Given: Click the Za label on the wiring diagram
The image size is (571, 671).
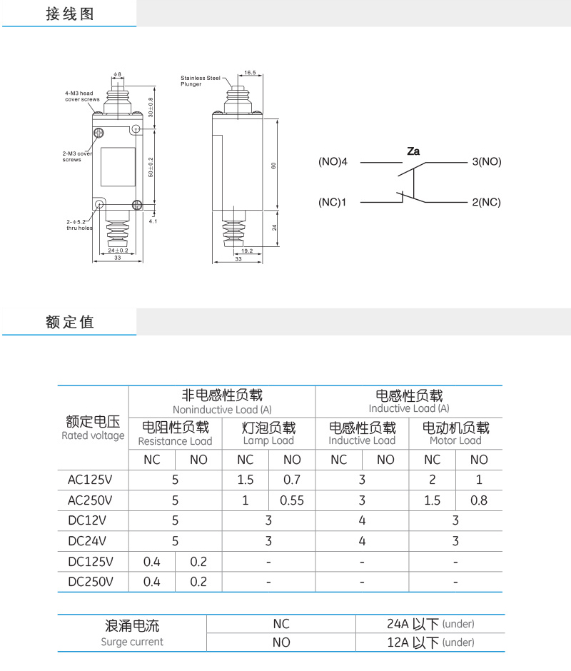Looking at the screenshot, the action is pos(413,151).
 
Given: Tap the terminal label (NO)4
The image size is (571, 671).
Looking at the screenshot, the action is pos(333,162).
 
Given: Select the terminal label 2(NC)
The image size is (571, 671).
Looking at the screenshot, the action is pos(486,202).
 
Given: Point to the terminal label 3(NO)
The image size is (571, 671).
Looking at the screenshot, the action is pos(487,162).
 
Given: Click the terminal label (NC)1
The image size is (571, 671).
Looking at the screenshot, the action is pos(332,202).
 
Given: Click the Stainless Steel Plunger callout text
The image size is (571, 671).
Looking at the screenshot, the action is pos(201,81).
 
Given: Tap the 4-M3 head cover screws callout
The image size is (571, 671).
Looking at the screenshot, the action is pos(82,96).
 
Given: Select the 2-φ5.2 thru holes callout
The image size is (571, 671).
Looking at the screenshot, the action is pos(79,225).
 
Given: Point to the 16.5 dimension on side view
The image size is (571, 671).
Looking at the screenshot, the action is pos(250,73).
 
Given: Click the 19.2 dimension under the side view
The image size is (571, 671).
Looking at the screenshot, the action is pos(247,251).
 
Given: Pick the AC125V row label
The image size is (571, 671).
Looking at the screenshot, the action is pos(90,480).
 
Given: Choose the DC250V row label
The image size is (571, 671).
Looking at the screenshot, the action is pos(91,582).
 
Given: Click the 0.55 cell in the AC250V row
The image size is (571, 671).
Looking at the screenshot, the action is pos(292,500).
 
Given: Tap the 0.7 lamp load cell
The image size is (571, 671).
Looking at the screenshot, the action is pos(292,480).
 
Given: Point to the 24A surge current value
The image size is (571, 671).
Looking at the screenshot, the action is pos(430,624).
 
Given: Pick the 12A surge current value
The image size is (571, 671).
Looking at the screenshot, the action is pos(430,642).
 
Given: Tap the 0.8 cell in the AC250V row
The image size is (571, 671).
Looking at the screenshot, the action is pos(479,500).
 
